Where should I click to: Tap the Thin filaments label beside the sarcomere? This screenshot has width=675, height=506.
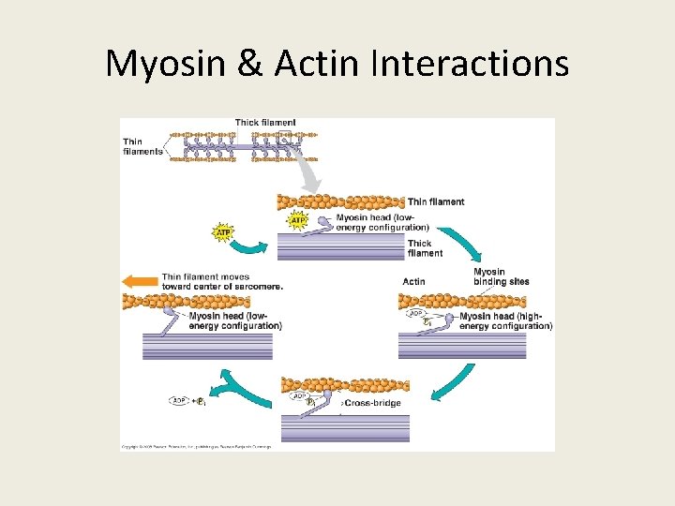pyautogui.click(x=142, y=146)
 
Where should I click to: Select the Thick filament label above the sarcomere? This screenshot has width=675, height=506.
pyautogui.click(x=265, y=123)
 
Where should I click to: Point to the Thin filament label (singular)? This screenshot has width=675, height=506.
pyautogui.click(x=436, y=201)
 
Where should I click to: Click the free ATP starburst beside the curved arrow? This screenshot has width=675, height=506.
pyautogui.click(x=224, y=231)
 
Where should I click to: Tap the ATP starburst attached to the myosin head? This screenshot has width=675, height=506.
pyautogui.click(x=297, y=222)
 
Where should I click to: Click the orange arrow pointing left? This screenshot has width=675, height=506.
pyautogui.click(x=140, y=280)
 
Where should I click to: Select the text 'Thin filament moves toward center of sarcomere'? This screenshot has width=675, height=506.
pyautogui.click(x=221, y=281)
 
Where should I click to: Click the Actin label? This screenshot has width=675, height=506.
pyautogui.click(x=413, y=281)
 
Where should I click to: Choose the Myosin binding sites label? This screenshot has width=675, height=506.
pyautogui.click(x=501, y=276)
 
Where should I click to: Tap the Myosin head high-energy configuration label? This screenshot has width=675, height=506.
pyautogui.click(x=505, y=321)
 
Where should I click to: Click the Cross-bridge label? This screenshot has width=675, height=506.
pyautogui.click(x=372, y=403)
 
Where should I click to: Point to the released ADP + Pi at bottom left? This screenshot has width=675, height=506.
pyautogui.click(x=187, y=401)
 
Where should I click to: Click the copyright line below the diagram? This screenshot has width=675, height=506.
pyautogui.click(x=196, y=447)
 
